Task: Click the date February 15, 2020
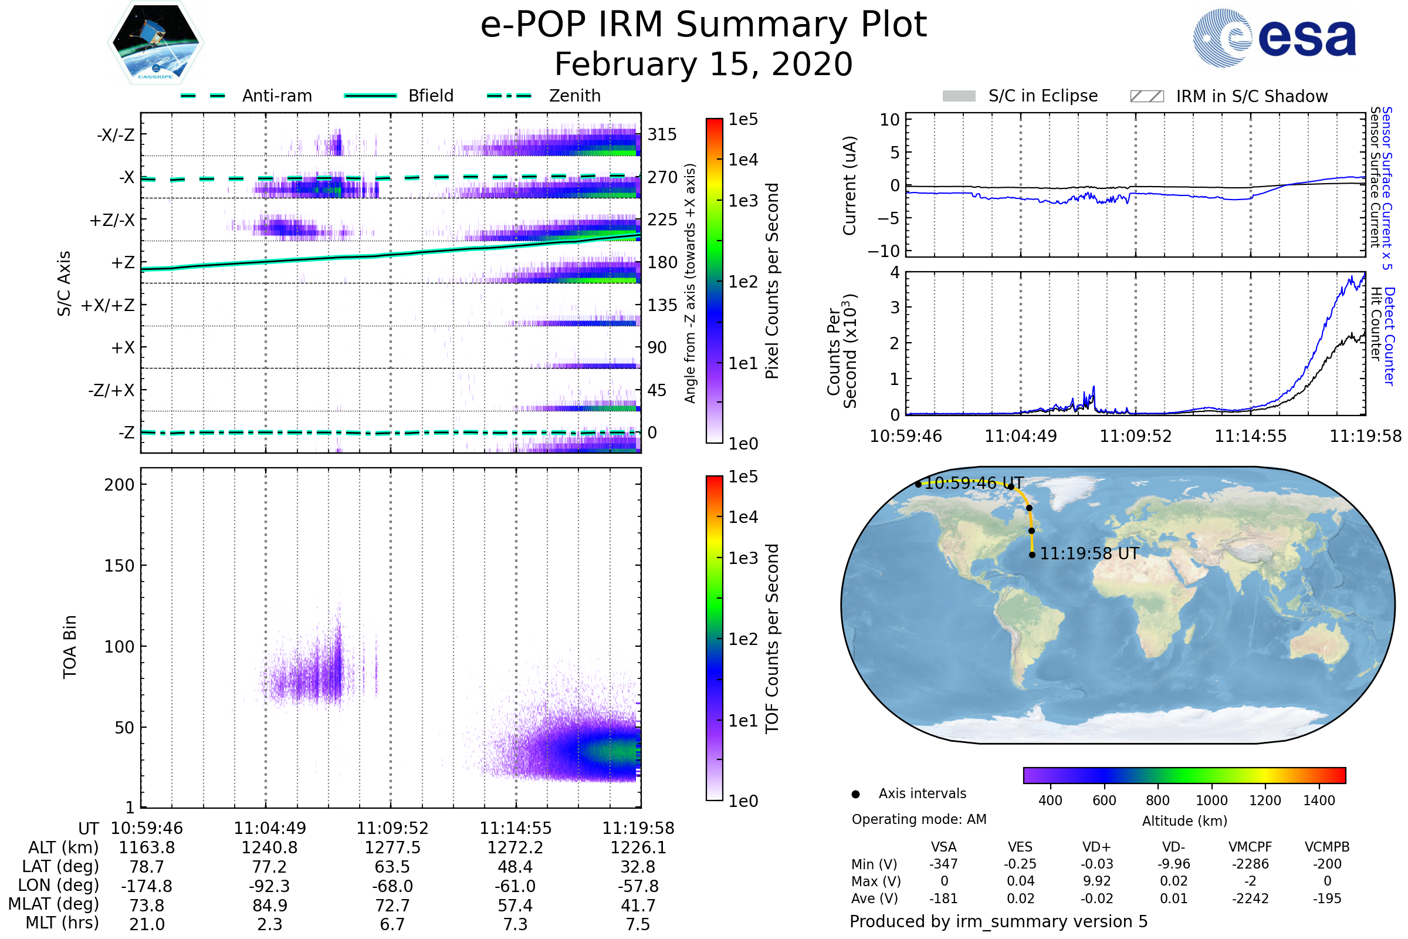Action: [703, 65]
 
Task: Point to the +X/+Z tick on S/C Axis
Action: [108, 305]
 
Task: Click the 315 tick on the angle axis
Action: [662, 134]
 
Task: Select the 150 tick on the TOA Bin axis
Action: [120, 566]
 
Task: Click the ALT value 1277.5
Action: [392, 848]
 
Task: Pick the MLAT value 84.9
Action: [270, 906]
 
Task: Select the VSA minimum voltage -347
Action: [943, 864]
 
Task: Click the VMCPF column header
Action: [1250, 847]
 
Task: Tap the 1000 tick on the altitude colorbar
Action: [1211, 800]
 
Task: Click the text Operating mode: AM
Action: [919, 819]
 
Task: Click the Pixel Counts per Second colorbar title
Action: [772, 281]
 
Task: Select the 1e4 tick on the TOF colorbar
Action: [743, 517]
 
